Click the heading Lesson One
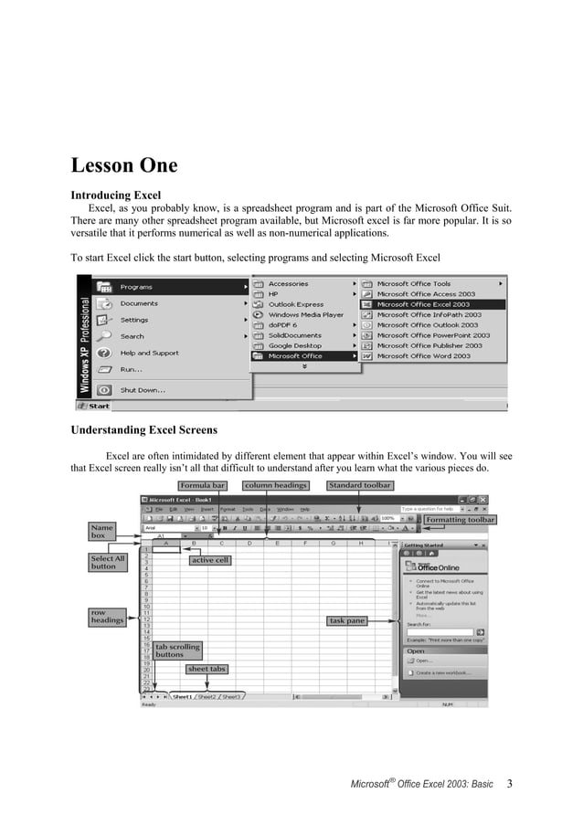click(124, 166)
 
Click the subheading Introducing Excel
click(116, 195)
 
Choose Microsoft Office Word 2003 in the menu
click(424, 356)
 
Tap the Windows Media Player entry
click(305, 314)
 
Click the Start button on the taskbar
click(93, 406)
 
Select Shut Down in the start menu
click(143, 389)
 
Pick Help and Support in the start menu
click(150, 353)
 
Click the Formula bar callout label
click(203, 485)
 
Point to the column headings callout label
click(276, 485)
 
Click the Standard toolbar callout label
click(360, 485)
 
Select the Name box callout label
click(102, 532)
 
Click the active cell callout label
click(209, 560)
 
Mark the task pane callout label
click(347, 620)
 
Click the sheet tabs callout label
click(207, 669)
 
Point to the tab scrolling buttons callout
click(176, 650)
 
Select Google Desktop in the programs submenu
click(294, 345)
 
